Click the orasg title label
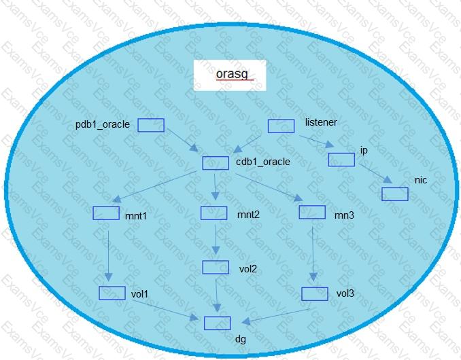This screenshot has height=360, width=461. pos(232,74)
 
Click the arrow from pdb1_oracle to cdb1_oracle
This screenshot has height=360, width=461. pos(183,140)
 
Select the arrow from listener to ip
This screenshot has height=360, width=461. pos(317,141)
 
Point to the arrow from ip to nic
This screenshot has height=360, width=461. pos(375,173)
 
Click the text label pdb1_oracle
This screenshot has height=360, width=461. pos(103,124)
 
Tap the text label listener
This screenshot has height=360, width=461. pos(321,122)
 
